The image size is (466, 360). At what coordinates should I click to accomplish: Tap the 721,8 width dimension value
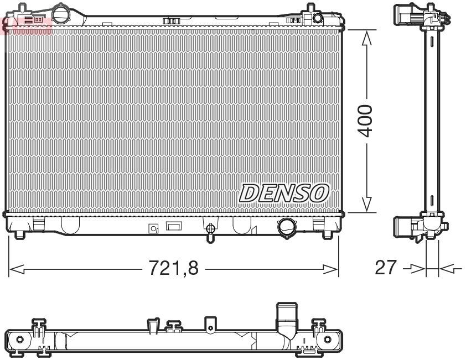pyautogui.click(x=174, y=269)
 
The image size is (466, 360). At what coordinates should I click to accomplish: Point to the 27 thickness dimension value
pyautogui.click(x=386, y=268)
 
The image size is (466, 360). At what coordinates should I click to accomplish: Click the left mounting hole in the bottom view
pyautogui.click(x=20, y=339)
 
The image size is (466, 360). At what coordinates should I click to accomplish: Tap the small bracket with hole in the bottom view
pyautogui.click(x=209, y=326)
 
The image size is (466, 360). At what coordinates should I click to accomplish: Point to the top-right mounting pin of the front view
pyautogui.click(x=308, y=10)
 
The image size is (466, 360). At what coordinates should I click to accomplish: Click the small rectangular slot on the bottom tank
pyautogui.click(x=174, y=227)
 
